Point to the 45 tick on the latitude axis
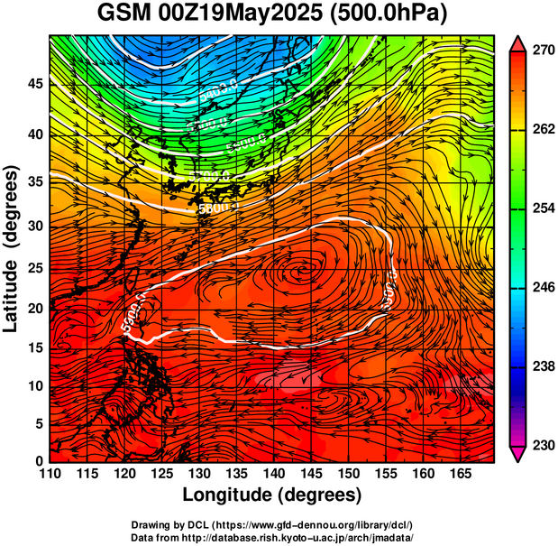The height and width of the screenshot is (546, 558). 34,83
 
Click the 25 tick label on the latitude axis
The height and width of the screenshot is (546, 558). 34,272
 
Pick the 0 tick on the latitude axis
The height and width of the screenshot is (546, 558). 39,461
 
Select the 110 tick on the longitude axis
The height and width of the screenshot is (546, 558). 50,474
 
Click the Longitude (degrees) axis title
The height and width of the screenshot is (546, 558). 272,495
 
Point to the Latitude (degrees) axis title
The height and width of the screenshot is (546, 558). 13,248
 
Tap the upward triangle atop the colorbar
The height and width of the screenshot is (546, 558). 518,43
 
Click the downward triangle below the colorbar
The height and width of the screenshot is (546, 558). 518,454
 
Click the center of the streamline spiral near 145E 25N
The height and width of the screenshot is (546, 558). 304,271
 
